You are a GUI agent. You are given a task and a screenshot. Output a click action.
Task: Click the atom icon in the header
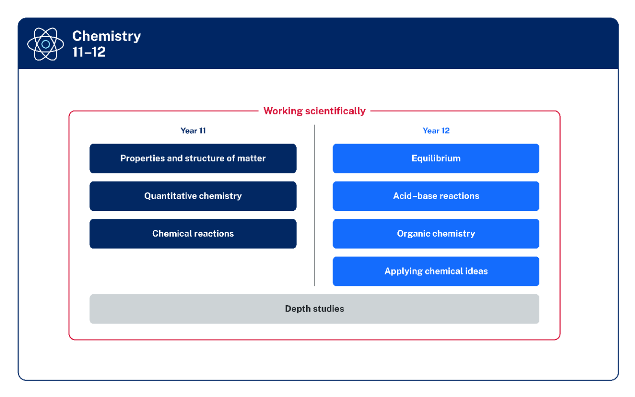pos(46,44)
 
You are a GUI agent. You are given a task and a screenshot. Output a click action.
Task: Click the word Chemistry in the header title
pos(106,36)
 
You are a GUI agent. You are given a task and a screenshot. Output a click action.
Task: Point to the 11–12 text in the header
pos(89,52)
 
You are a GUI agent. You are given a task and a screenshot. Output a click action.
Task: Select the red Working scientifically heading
pos(314,111)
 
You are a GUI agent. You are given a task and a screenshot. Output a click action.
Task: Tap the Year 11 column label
pos(193,131)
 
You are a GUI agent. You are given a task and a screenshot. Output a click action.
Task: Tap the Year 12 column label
pos(436,131)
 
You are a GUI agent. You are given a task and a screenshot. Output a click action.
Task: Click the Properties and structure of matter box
pos(193,158)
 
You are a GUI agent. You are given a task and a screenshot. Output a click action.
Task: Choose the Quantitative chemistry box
pos(193,196)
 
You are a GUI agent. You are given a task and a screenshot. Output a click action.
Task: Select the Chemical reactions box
pos(193,234)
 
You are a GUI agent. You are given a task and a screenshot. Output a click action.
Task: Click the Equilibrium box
pos(436,158)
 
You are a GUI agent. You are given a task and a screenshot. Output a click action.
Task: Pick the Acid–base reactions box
pos(436,196)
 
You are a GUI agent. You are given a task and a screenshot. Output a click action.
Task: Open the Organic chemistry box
pos(436,234)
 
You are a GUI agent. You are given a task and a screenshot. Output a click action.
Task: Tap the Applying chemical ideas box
pos(436,271)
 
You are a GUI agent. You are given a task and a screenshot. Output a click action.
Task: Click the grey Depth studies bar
pos(314,309)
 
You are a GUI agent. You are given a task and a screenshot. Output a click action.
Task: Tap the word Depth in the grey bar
pos(297,309)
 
